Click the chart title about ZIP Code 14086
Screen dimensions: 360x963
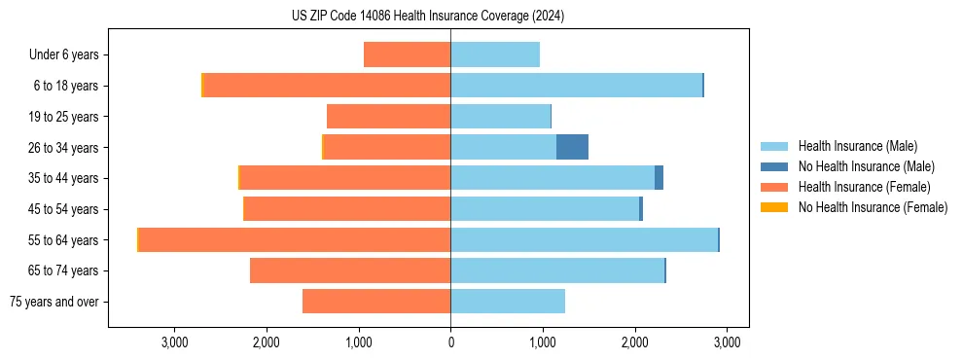(x=428, y=16)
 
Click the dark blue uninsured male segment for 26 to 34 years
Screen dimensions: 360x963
(x=572, y=147)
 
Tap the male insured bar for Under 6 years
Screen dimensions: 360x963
(x=495, y=54)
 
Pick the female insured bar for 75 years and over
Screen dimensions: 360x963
(x=376, y=302)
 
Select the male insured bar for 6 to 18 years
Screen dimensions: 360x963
(x=576, y=86)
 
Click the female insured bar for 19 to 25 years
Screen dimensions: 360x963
(x=388, y=117)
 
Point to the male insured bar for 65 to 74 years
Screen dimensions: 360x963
(x=557, y=270)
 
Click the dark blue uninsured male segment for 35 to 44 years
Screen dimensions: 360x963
(x=659, y=178)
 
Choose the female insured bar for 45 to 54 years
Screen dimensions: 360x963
(x=347, y=209)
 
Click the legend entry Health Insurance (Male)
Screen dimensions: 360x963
(x=857, y=146)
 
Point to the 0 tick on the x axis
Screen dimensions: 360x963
(x=450, y=342)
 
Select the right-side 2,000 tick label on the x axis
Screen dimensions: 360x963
(x=634, y=342)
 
